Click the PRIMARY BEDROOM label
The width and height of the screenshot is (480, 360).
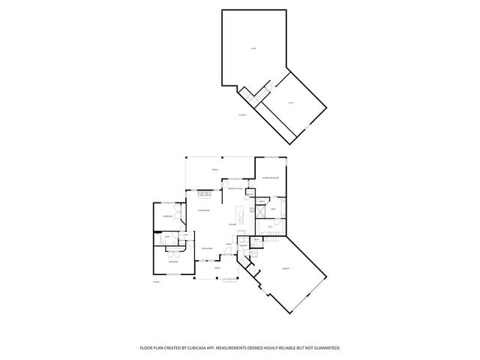pyautogui.click(x=271, y=177)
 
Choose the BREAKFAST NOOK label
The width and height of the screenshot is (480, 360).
pyautogui.click(x=234, y=189)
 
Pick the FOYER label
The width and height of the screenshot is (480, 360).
pyautogui.click(x=227, y=243)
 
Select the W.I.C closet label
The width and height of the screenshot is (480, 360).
pyautogui.click(x=270, y=226)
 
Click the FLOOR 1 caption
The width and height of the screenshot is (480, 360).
pyautogui.click(x=157, y=283)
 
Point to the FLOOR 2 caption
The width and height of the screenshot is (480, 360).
pyautogui.click(x=242, y=115)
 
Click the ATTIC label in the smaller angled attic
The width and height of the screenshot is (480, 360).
pyautogui.click(x=290, y=103)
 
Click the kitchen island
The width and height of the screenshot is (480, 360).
pyautogui.click(x=239, y=210)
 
